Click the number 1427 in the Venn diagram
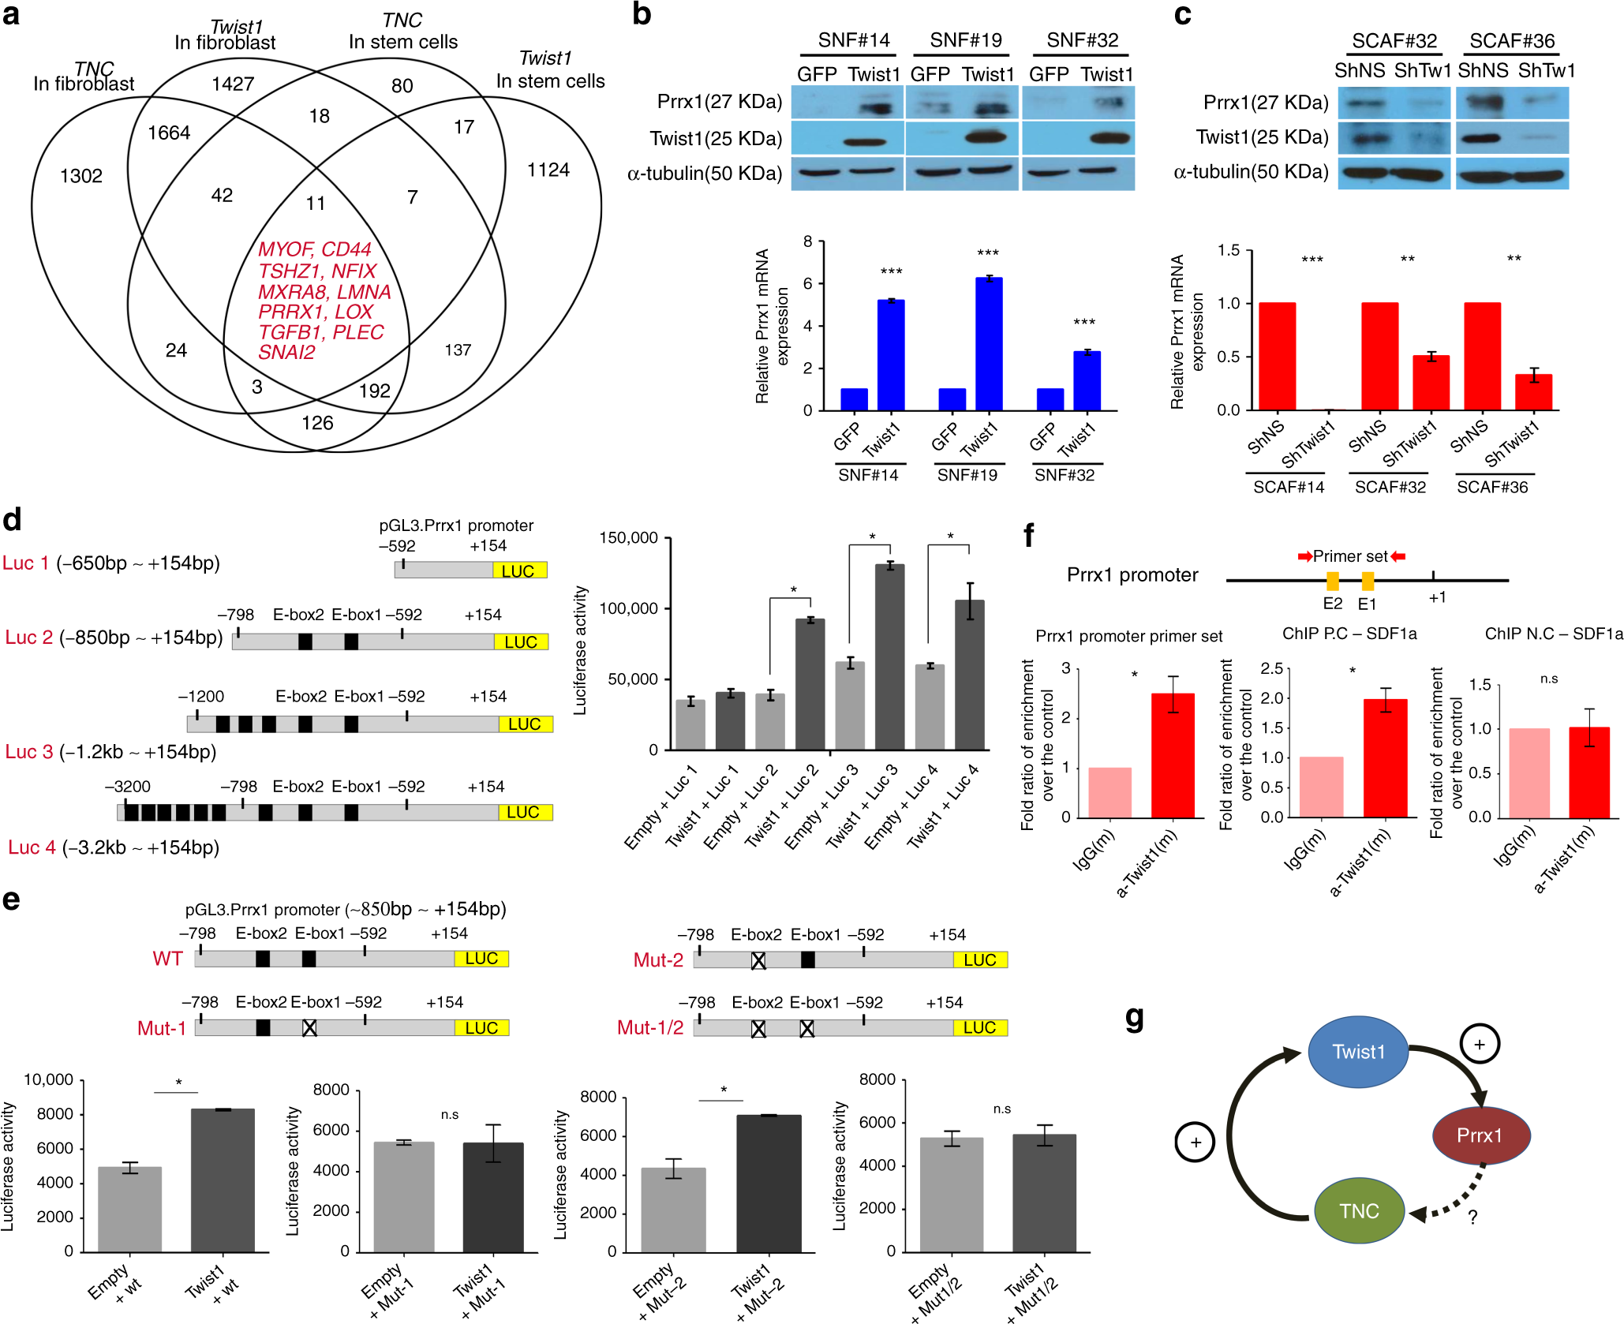point(233,84)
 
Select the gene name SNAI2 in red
point(286,353)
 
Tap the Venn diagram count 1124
point(548,170)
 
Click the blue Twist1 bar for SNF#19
point(989,344)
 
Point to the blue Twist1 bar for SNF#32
point(1087,381)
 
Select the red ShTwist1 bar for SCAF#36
point(1533,392)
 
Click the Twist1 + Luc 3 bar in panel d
point(889,656)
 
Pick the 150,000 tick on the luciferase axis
point(628,538)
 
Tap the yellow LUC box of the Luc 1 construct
point(519,570)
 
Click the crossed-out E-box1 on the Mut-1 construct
point(309,1027)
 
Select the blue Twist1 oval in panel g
point(1357,1052)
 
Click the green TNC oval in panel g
point(1358,1210)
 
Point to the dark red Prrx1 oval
point(1480,1135)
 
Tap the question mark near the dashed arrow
point(1472,1218)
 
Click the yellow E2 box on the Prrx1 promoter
point(1332,582)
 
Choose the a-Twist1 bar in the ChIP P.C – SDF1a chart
point(1385,758)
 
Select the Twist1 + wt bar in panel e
point(223,1180)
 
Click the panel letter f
point(1028,537)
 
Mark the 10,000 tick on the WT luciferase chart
point(48,1079)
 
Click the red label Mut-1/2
point(650,1027)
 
